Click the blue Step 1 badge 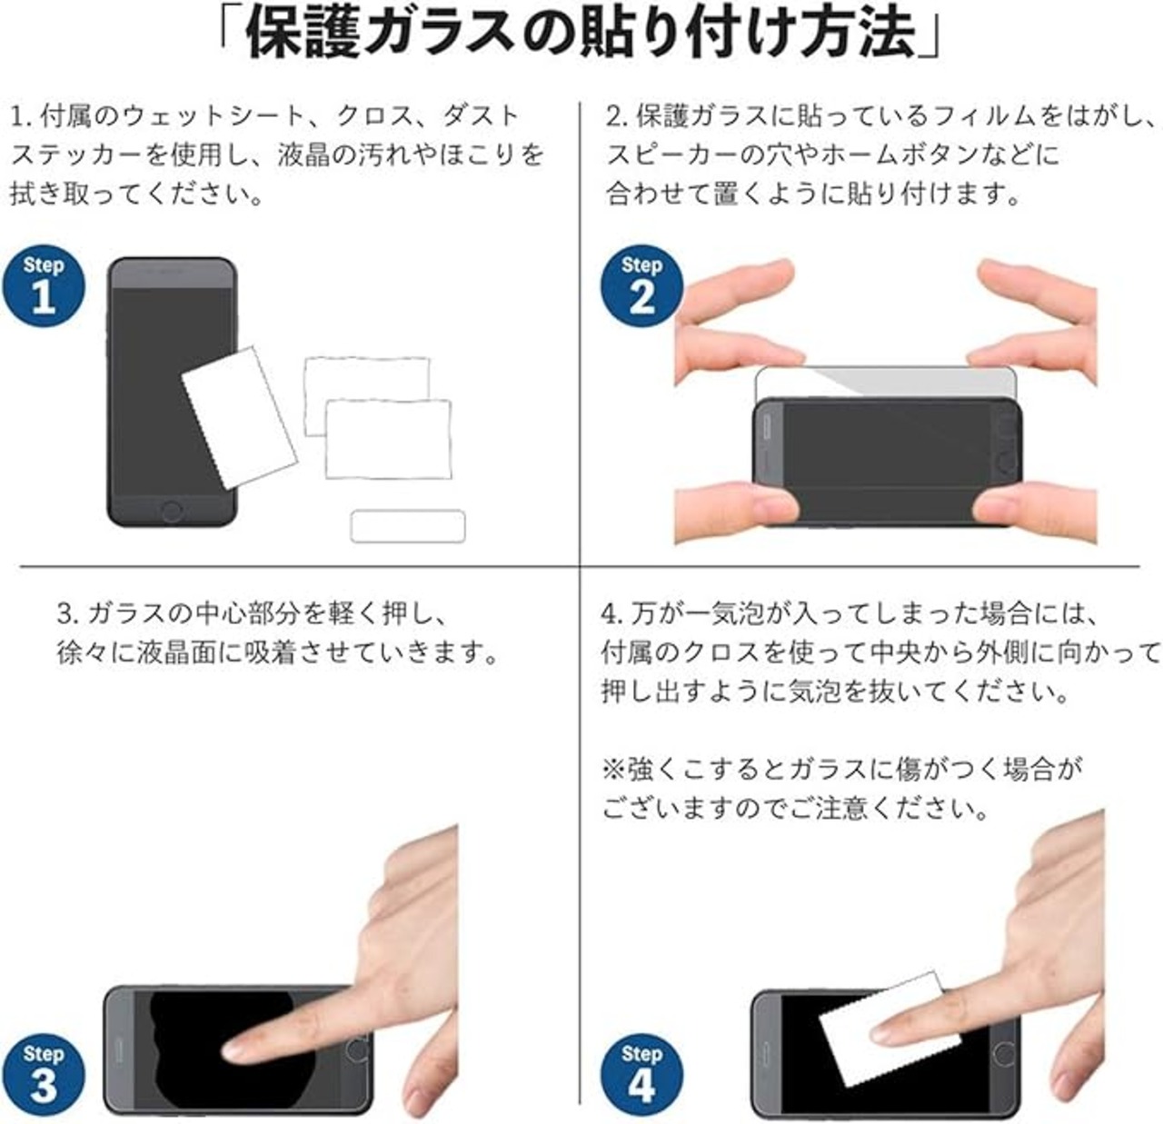pyautogui.click(x=44, y=286)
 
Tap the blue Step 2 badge pyautogui.click(x=641, y=286)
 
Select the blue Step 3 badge pyautogui.click(x=44, y=1075)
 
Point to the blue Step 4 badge pyautogui.click(x=641, y=1075)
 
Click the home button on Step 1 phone pyautogui.click(x=172, y=511)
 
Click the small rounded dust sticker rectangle pyautogui.click(x=408, y=526)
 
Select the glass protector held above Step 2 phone pyautogui.click(x=886, y=383)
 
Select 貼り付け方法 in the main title pyautogui.click(x=716, y=34)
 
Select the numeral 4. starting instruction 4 pyautogui.click(x=612, y=615)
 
